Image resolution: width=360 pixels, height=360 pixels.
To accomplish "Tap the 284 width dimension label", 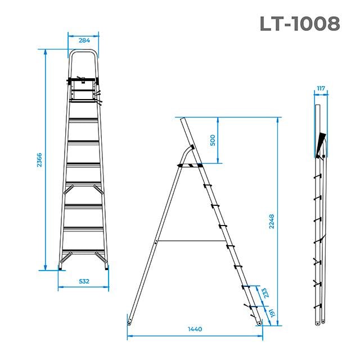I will coord(83,40).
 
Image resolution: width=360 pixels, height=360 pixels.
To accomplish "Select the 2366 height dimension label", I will coord(39,160).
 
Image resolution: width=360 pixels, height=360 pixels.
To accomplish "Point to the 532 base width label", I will coord(83,280).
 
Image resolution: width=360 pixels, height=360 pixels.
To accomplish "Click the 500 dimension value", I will coord(213,140).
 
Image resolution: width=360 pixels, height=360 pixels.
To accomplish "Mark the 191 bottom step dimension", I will coord(272,314).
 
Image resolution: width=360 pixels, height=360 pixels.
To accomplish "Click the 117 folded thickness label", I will coord(321,88).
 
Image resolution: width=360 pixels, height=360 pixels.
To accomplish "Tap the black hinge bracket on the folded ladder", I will coord(321,143).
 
